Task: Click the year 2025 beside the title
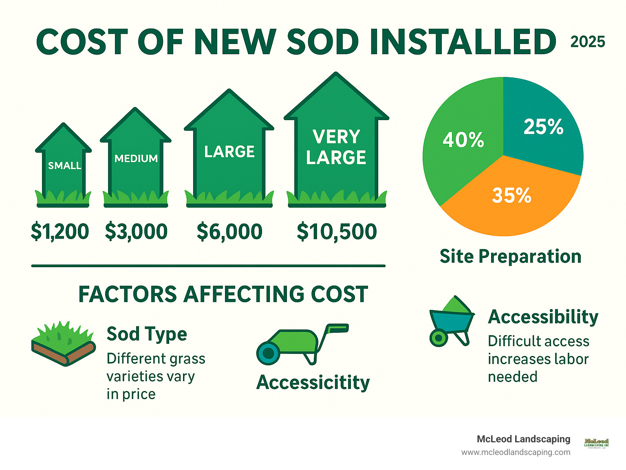click(x=587, y=42)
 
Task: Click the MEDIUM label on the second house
click(x=136, y=158)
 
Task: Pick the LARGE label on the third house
click(x=229, y=152)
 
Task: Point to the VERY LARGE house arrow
click(x=336, y=147)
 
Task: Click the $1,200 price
click(x=60, y=232)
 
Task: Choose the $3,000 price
click(x=136, y=232)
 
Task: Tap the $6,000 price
click(x=229, y=232)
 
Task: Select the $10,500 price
click(x=337, y=232)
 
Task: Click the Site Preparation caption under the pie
click(x=510, y=257)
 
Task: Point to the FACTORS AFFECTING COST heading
click(x=223, y=294)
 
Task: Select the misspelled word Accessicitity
click(x=313, y=382)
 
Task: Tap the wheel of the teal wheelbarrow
click(x=439, y=338)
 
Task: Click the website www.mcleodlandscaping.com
click(x=516, y=452)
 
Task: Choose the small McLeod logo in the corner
click(x=596, y=443)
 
